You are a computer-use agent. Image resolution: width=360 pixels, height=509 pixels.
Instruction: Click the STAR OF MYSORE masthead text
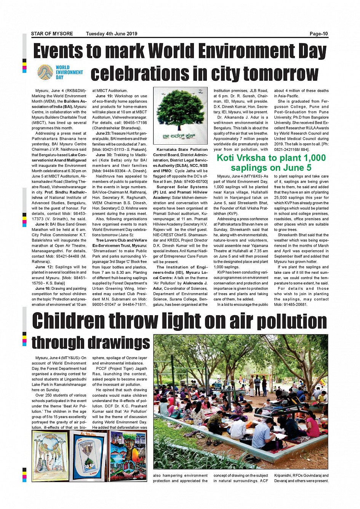(52, 34)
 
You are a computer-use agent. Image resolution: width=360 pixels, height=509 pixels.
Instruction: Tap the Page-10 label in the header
(318, 34)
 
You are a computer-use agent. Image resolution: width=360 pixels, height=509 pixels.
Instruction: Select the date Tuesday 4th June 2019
(111, 34)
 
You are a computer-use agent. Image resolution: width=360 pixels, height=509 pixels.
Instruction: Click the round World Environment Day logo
(45, 72)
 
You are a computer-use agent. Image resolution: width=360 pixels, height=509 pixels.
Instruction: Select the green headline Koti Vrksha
(271, 163)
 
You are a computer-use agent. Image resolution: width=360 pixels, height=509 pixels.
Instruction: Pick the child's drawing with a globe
(50, 456)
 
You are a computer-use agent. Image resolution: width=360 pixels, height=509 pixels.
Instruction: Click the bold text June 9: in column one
(42, 224)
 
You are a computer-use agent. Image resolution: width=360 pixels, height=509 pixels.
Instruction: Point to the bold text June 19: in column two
(104, 96)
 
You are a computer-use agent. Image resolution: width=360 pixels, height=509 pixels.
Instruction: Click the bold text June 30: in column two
(104, 155)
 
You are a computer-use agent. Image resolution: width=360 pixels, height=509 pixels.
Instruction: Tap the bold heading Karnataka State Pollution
(182, 150)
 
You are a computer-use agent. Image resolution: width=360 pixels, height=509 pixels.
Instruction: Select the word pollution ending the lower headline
(291, 322)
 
